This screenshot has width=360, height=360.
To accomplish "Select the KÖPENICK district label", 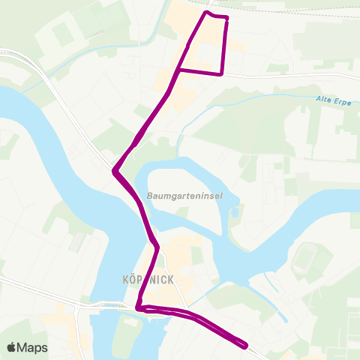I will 148,279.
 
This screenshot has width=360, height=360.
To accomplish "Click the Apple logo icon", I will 12,347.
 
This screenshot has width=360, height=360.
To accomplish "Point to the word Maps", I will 34,347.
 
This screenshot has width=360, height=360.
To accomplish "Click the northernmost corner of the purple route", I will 206,13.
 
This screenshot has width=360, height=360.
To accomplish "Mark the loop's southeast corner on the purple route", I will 222,73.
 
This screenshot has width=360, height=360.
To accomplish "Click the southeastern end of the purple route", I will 245,345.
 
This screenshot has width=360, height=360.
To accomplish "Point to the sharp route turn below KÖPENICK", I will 139,307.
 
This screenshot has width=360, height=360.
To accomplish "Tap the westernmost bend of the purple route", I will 114,171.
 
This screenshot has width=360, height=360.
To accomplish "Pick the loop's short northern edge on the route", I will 217,16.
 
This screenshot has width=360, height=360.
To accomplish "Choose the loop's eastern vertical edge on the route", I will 225,45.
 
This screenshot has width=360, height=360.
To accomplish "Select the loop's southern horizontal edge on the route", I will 200,72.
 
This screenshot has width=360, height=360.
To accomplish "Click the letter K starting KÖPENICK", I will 124,279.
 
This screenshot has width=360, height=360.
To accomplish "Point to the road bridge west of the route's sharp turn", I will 105,306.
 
